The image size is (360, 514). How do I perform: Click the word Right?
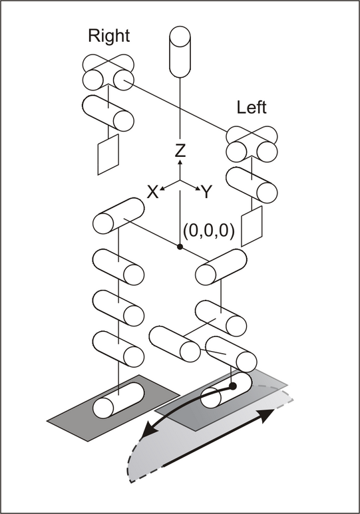tap(108, 36)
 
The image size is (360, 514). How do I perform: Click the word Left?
tap(252, 107)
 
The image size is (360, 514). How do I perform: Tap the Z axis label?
tap(180, 150)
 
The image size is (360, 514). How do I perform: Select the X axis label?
tap(152, 192)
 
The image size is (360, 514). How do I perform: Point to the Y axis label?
tap(207, 192)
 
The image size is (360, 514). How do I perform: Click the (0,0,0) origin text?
tap(209, 231)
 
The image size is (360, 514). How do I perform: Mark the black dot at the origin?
tap(180, 247)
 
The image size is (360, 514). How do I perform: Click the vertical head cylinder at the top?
tap(180, 52)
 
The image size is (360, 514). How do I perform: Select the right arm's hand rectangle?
tap(108, 154)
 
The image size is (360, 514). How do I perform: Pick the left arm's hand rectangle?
tap(252, 226)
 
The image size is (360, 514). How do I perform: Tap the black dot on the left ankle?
tap(233, 386)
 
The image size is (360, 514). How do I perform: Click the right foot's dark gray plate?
tap(113, 408)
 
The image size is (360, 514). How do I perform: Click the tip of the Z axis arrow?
tap(180, 160)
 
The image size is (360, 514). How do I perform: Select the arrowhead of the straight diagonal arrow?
tap(267, 416)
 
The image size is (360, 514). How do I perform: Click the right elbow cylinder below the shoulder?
tap(108, 113)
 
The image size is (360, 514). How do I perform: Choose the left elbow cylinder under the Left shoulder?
tap(252, 185)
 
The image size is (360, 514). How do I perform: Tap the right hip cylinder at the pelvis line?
tap(118, 216)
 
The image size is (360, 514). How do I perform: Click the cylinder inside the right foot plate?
tap(118, 400)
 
